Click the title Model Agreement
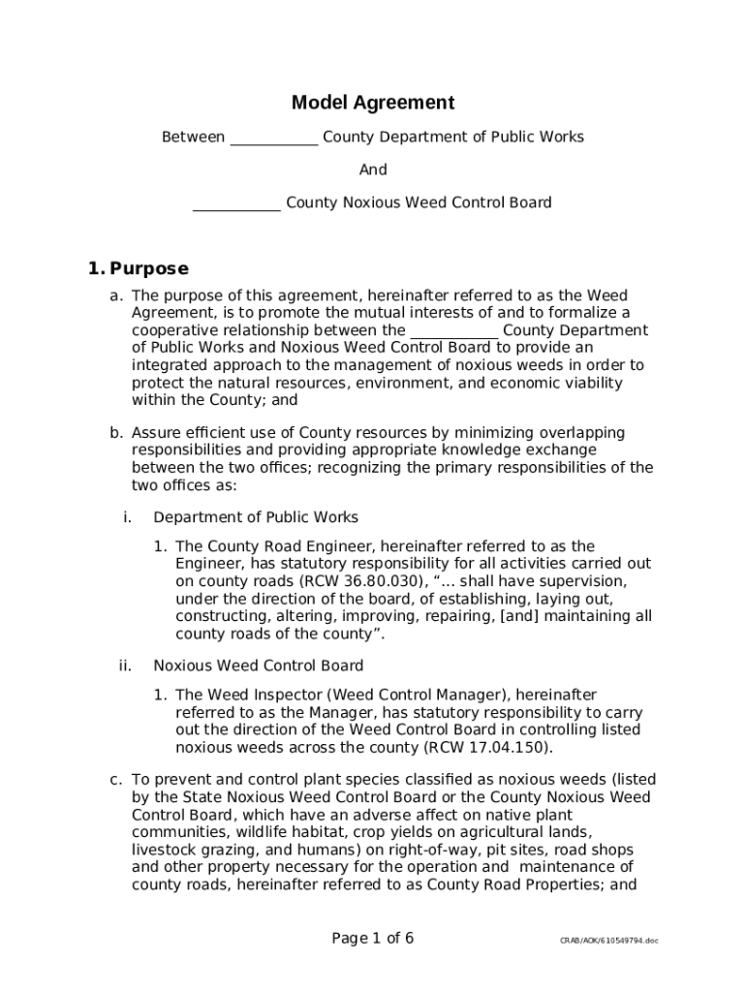pos(373,103)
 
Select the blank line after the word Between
pos(273,139)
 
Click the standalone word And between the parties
pos(373,170)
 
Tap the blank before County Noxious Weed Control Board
pos(236,203)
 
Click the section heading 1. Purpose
pos(139,268)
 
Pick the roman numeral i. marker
pos(127,517)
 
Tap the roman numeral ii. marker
pos(125,666)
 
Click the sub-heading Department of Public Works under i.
pos(256,517)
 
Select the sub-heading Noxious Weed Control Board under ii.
pos(259,666)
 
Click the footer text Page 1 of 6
pos(373,938)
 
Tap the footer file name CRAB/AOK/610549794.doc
pos(608,941)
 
